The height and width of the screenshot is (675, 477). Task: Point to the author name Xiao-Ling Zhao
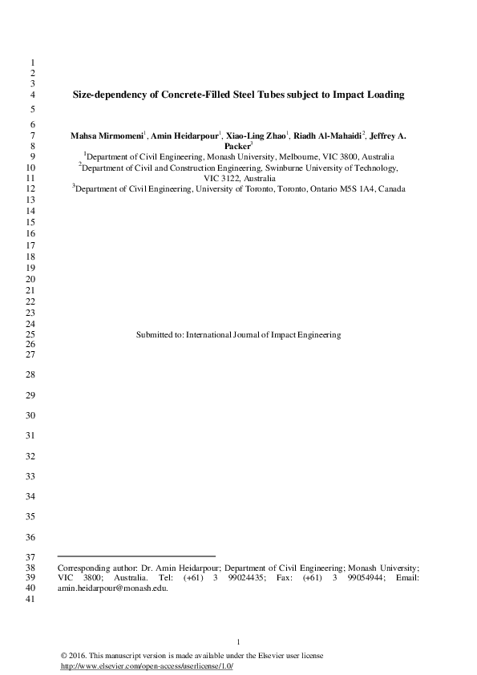point(256,136)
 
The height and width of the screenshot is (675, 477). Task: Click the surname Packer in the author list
point(237,147)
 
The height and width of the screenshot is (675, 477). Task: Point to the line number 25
point(32,334)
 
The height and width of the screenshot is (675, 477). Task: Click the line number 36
point(32,536)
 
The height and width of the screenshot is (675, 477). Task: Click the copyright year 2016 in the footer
point(80,656)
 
